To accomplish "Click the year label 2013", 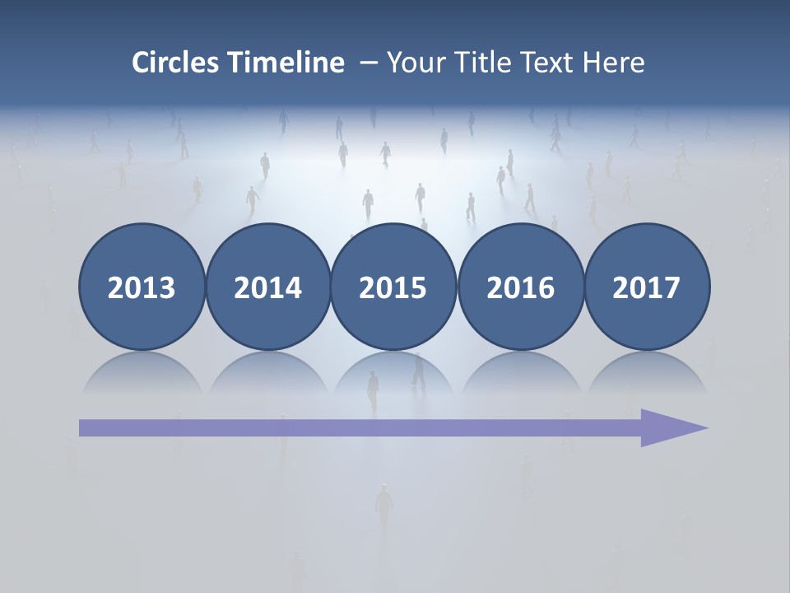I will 142,288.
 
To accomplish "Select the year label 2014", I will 267,288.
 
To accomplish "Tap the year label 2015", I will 393,288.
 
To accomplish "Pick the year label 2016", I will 520,288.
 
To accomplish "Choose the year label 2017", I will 646,288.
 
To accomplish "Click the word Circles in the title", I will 175,63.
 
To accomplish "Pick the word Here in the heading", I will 613,63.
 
